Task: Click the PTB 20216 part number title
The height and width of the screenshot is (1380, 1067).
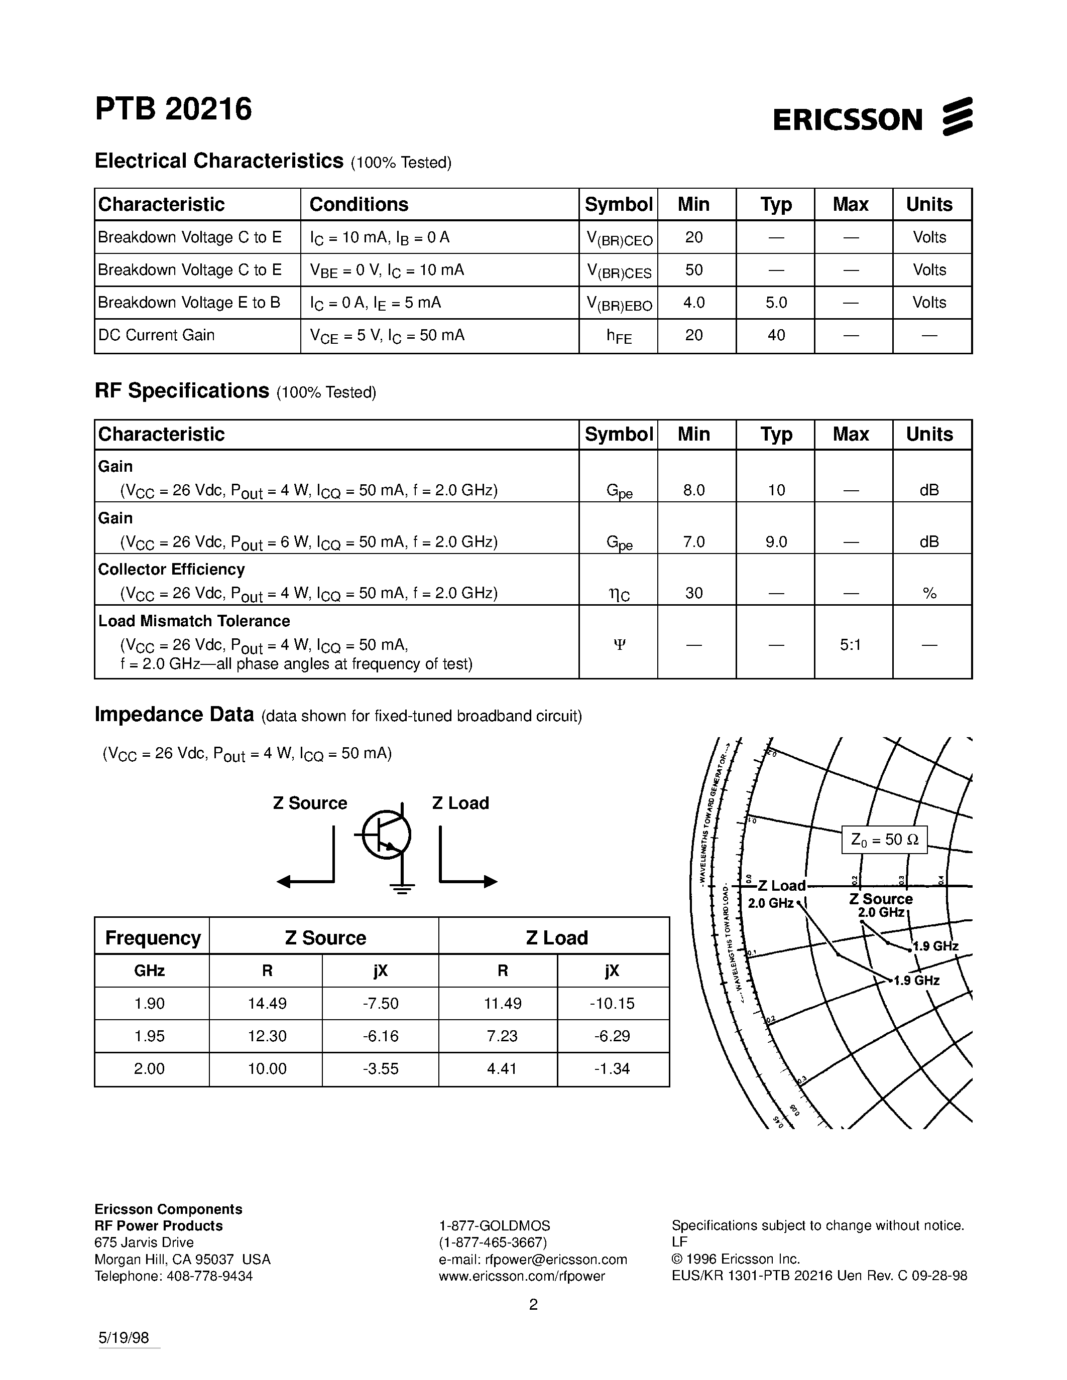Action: coord(173,109)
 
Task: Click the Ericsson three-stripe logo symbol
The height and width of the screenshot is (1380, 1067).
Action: coord(957,116)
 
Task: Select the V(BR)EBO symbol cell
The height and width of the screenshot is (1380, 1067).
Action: coord(619,304)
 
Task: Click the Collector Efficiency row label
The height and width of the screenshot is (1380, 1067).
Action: coord(171,570)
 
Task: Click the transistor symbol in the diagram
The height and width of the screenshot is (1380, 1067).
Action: coord(386,835)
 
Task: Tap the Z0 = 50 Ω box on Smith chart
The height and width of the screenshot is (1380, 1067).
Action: coord(884,840)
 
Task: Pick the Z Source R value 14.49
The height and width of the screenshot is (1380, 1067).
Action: coord(267,1004)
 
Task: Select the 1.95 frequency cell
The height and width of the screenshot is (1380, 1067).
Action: coord(150,1036)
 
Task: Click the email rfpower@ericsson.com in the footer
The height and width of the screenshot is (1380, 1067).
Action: coord(533,1260)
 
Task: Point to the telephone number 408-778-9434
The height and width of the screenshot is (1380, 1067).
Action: coord(209,1276)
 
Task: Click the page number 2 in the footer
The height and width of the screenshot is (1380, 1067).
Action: coord(533,1305)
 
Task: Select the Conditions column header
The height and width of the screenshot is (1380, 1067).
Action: coord(359,205)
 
